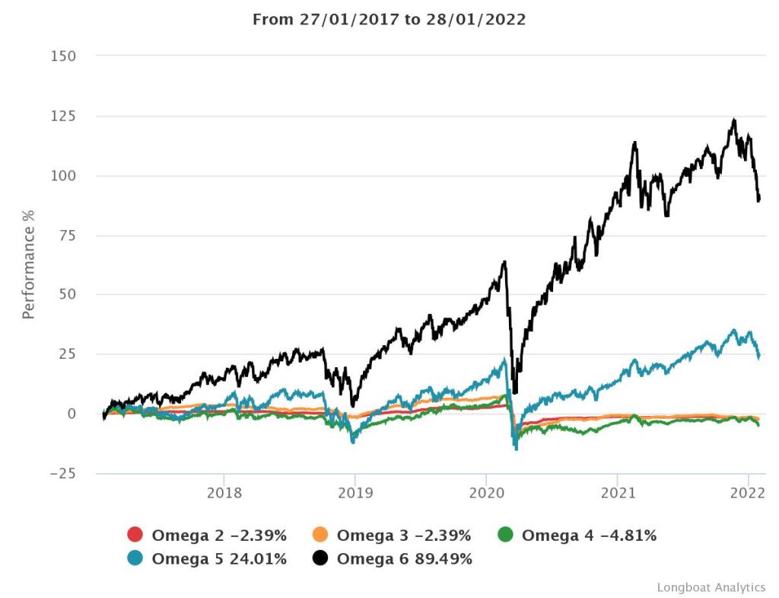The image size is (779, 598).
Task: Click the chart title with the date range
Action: [389, 20]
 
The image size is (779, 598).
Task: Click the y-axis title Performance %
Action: [29, 265]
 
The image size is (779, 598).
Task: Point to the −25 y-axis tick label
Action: [62, 473]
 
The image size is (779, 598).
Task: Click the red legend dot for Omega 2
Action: [135, 536]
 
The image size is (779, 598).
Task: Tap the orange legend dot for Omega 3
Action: [320, 536]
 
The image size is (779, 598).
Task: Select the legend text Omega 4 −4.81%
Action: [589, 536]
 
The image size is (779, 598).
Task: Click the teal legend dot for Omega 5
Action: [135, 558]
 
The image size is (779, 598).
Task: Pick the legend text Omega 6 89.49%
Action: [404, 558]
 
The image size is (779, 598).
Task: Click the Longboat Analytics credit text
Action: [711, 587]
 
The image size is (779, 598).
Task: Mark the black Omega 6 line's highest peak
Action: [733, 120]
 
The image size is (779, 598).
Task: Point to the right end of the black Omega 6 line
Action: [759, 200]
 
